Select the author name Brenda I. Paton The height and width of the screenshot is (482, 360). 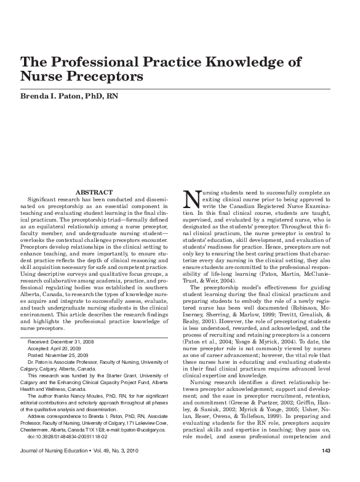(x=49, y=96)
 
